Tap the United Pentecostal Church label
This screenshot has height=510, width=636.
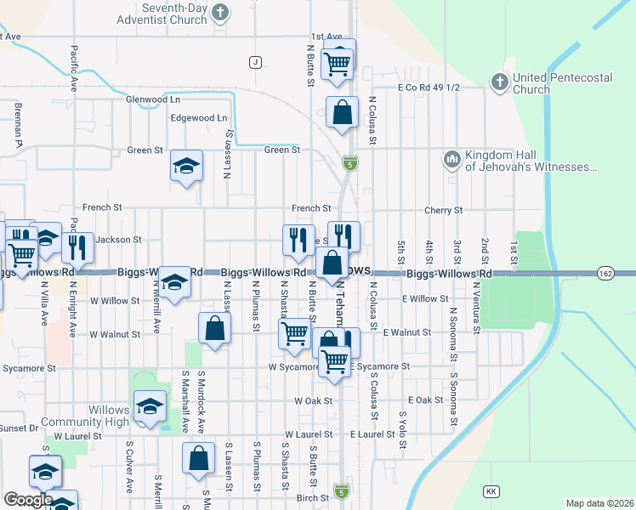[x=562, y=83]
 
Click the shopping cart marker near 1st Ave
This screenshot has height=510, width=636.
[x=338, y=62]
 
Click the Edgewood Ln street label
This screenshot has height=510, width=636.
[x=199, y=118]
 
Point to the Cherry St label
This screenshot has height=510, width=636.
[x=445, y=210]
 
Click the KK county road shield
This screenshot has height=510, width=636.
[x=491, y=491]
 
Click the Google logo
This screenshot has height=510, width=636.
[x=28, y=499]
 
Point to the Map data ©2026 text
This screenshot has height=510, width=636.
[x=600, y=503]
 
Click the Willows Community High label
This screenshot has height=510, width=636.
[x=96, y=416]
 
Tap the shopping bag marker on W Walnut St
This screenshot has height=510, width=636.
[x=215, y=329]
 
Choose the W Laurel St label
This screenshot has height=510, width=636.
[x=77, y=435]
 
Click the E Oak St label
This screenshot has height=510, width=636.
[x=425, y=399]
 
